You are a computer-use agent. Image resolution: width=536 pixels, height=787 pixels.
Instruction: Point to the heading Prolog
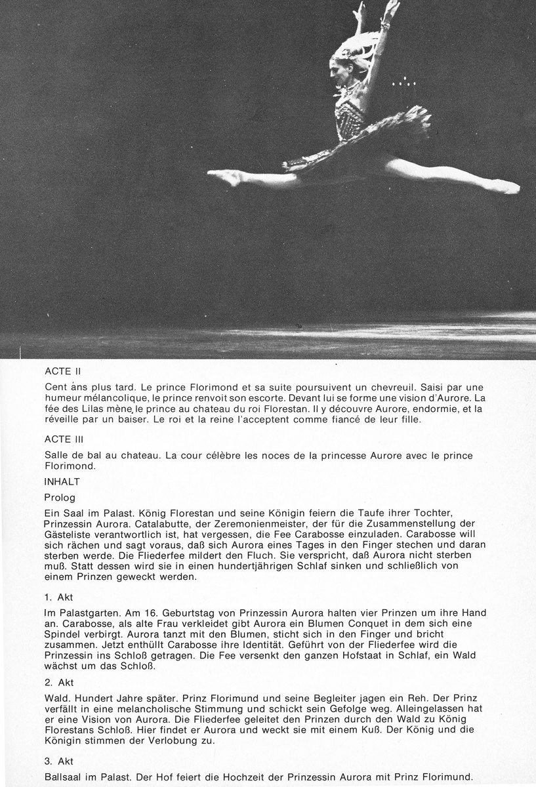[x=60, y=498]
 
